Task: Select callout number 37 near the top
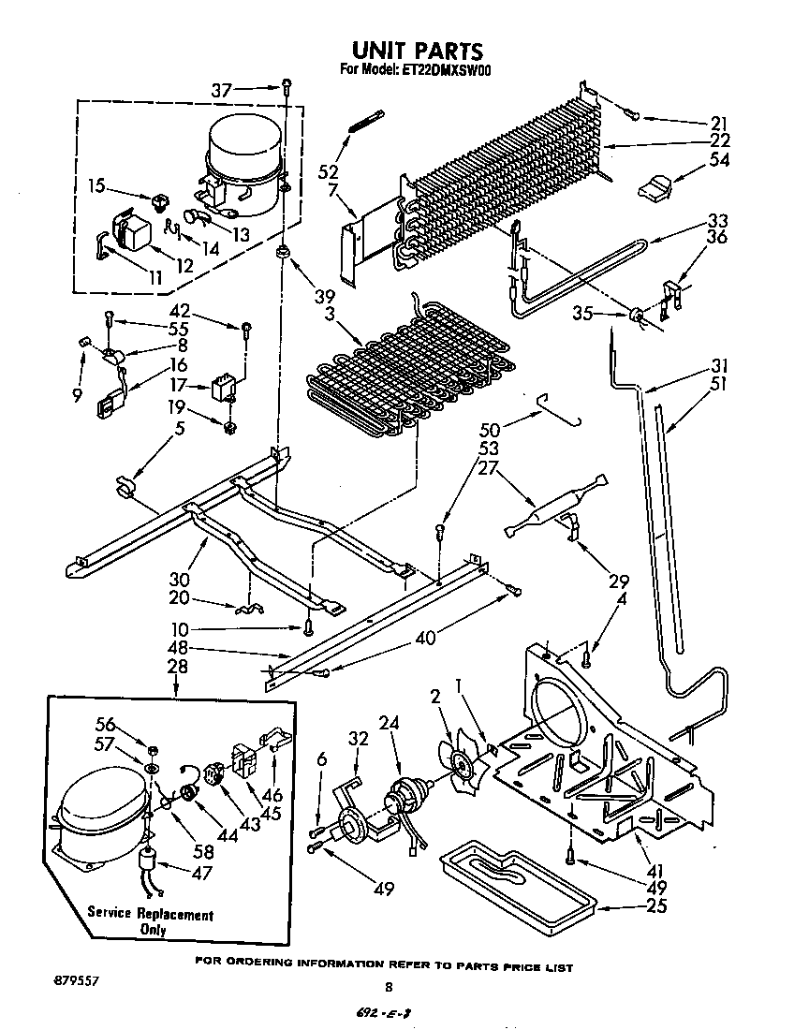(220, 90)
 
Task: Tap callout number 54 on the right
(719, 160)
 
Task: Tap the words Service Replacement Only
(151, 922)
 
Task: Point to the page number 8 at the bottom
(389, 986)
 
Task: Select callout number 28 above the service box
(176, 667)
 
